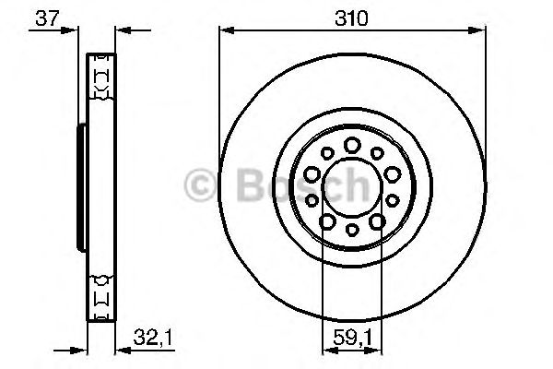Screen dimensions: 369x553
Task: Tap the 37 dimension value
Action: click(x=43, y=16)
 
